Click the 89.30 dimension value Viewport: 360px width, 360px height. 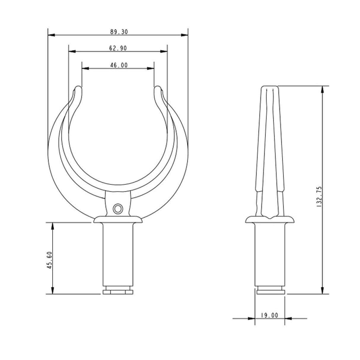119,32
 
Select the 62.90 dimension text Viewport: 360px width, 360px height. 118,48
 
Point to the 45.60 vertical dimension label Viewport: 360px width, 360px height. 50,260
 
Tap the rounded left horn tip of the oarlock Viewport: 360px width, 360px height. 78,89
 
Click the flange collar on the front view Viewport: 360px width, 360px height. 118,220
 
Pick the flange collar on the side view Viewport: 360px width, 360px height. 270,220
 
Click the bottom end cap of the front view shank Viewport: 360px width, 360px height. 118,292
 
